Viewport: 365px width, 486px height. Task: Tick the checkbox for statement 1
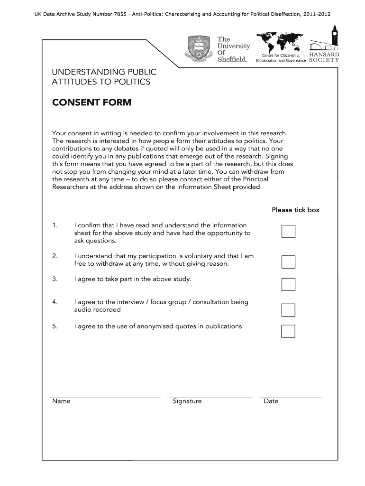pyautogui.click(x=288, y=231)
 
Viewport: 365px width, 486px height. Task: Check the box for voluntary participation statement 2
pyautogui.click(x=288, y=262)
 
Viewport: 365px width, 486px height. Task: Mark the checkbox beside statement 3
pyautogui.click(x=288, y=284)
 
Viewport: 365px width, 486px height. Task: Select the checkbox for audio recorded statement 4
pyautogui.click(x=288, y=310)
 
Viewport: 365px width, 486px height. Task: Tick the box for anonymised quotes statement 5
pyautogui.click(x=288, y=331)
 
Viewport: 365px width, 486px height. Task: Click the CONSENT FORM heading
pyautogui.click(x=91, y=103)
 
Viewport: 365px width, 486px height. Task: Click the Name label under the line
pyautogui.click(x=61, y=401)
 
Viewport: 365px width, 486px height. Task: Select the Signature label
pyautogui.click(x=187, y=401)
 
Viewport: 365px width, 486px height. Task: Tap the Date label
pyautogui.click(x=271, y=401)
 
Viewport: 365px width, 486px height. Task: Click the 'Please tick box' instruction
pyautogui.click(x=295, y=210)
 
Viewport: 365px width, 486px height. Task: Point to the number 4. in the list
pyautogui.click(x=55, y=302)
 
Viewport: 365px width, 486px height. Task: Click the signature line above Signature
pyautogui.click(x=210, y=396)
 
